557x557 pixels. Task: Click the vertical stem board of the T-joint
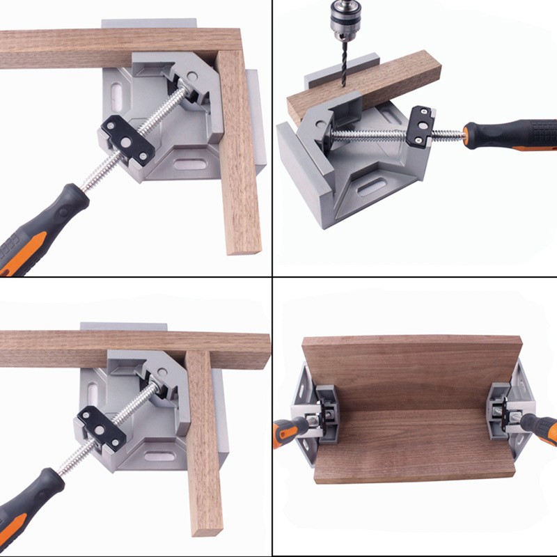pyautogui.click(x=203, y=446)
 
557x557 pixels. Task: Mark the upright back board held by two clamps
pyautogui.click(x=411, y=372)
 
